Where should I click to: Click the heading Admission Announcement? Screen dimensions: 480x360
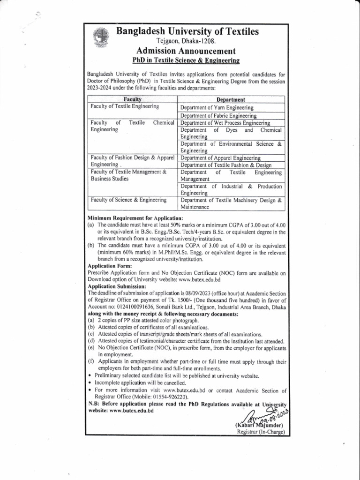point(186,51)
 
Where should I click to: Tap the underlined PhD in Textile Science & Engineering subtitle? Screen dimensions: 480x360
point(186,60)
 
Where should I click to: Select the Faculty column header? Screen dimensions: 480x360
point(132,99)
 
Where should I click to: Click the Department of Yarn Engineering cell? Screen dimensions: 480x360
point(217,107)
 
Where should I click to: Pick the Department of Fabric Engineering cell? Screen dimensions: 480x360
point(218,115)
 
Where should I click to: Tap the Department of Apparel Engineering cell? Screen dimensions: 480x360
point(220,158)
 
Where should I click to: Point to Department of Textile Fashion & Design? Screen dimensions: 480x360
point(226,165)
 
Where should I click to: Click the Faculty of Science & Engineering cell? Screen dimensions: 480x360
point(129,200)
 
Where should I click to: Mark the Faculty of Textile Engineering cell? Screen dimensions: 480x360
point(125,107)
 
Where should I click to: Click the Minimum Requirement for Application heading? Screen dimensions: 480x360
point(135,219)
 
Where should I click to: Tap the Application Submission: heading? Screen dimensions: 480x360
point(117,286)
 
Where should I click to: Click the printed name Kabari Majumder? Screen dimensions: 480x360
point(260,425)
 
